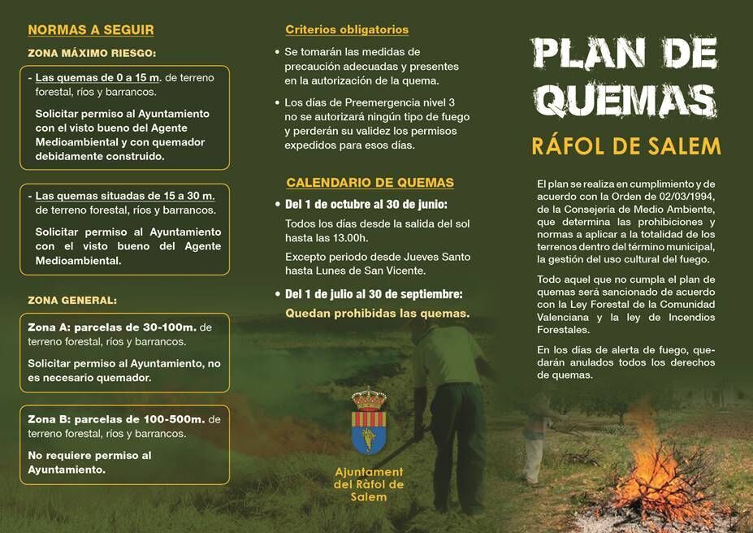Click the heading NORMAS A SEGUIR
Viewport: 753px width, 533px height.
coord(91,30)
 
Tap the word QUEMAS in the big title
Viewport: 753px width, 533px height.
coord(625,101)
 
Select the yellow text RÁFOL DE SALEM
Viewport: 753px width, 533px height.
coord(625,146)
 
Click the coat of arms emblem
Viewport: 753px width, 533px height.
coord(369,422)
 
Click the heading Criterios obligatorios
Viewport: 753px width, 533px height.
coord(347,30)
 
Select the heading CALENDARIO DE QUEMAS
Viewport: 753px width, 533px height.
coord(370,183)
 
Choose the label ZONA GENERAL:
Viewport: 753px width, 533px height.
coord(72,300)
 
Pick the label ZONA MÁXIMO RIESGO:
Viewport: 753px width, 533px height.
coord(92,54)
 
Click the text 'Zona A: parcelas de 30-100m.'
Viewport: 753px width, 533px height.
coord(112,327)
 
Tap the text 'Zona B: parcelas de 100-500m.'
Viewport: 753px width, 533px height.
coord(116,419)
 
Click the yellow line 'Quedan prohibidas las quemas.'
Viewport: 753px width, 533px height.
coord(377,313)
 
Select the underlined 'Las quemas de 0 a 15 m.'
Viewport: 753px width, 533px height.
coord(98,78)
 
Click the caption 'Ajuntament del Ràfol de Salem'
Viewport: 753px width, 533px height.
coord(369,484)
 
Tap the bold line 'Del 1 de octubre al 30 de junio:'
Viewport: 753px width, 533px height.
coord(366,204)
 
